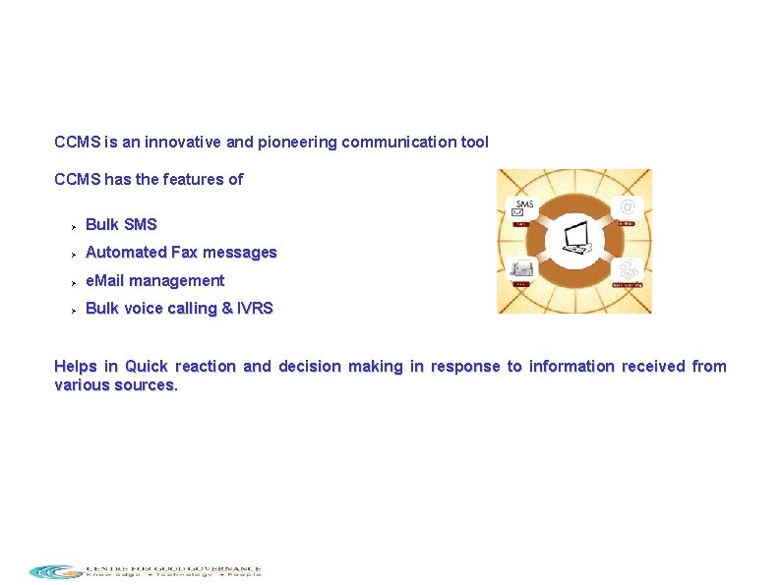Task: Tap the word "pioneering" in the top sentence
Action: pyautogui.click(x=293, y=142)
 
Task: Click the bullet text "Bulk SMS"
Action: pyautogui.click(x=121, y=224)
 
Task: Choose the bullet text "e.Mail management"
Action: pyautogui.click(x=154, y=280)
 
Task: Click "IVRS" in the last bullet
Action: pyautogui.click(x=255, y=308)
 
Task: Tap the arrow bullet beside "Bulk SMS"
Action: pyautogui.click(x=72, y=225)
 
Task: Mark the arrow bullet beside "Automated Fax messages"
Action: pyautogui.click(x=72, y=253)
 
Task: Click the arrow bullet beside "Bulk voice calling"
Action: pyautogui.click(x=72, y=309)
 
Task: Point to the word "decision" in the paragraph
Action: pyautogui.click(x=309, y=366)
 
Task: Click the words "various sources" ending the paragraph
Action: pyautogui.click(x=115, y=384)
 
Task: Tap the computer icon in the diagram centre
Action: pyautogui.click(x=574, y=241)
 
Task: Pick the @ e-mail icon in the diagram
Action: pyautogui.click(x=627, y=206)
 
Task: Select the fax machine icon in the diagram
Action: pyautogui.click(x=522, y=269)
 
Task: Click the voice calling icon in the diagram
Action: pyautogui.click(x=628, y=269)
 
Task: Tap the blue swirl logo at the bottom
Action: pyautogui.click(x=55, y=571)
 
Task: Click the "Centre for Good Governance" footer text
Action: pyautogui.click(x=173, y=567)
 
